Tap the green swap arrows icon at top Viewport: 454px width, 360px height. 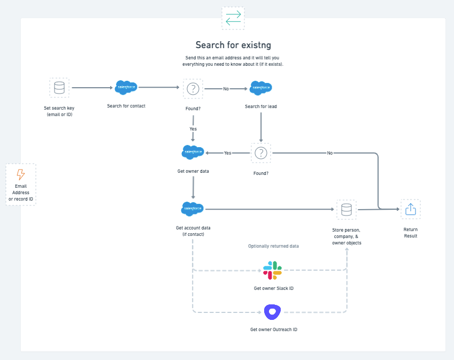tap(233, 18)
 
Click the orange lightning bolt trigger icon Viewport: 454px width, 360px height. tap(21, 174)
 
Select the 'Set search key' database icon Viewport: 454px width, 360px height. tap(59, 87)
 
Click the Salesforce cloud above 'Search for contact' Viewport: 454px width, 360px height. tap(126, 87)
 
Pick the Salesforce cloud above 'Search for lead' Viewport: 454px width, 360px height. tap(261, 88)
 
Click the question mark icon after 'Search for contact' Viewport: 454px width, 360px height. tap(193, 89)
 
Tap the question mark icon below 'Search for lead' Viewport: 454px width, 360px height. tap(261, 153)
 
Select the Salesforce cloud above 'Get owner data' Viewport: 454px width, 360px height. tap(193, 152)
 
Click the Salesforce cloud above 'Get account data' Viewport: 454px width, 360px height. tap(193, 209)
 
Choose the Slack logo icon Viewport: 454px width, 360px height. tap(272, 271)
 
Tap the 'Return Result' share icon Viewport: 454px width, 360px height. tap(410, 209)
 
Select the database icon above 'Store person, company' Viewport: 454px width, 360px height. tap(346, 210)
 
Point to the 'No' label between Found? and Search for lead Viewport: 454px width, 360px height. tap(226, 89)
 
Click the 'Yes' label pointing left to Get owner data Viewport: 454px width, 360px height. tap(227, 153)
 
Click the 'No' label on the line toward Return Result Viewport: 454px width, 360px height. tap(330, 153)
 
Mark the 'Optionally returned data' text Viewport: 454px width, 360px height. tap(273, 246)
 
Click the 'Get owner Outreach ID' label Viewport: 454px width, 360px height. tap(274, 330)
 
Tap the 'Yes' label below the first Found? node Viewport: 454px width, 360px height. tap(193, 129)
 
